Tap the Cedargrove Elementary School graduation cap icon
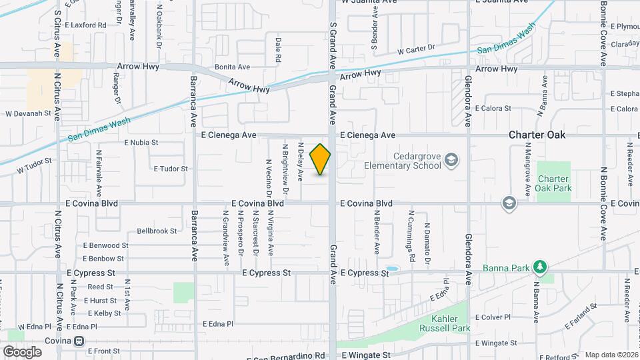pyautogui.click(x=451, y=159)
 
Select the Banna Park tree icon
pyautogui.click(x=541, y=268)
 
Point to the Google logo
pyautogui.click(x=22, y=351)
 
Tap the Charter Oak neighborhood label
pyautogui.click(x=537, y=135)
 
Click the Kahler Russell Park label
pyautogui.click(x=445, y=323)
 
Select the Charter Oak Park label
pyautogui.click(x=553, y=183)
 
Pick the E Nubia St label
pyautogui.click(x=141, y=143)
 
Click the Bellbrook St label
pyautogui.click(x=157, y=231)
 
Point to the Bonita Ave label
pyautogui.click(x=232, y=67)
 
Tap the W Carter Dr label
pyautogui.click(x=415, y=49)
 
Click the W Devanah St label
pyautogui.click(x=29, y=114)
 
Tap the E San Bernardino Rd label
pyautogui.click(x=287, y=356)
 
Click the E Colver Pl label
pyautogui.click(x=492, y=317)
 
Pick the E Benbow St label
pyautogui.click(x=103, y=259)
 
